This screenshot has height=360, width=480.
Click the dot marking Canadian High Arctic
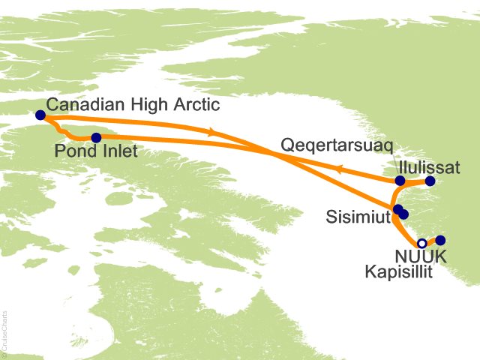pyautogui.click(x=40, y=115)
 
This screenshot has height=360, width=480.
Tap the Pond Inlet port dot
pyautogui.click(x=96, y=138)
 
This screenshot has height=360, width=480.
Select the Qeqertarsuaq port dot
pyautogui.click(x=400, y=181)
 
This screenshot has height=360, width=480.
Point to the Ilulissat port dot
pyautogui.click(x=430, y=181)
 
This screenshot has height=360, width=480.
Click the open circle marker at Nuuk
pyautogui.click(x=422, y=243)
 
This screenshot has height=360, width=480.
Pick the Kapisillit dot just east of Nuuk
pyautogui.click(x=440, y=240)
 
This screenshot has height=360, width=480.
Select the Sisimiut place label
pyautogui.click(x=358, y=217)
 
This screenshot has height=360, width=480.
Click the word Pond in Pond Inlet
pyautogui.click(x=73, y=152)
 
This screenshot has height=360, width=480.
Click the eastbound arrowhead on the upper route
pyautogui.click(x=213, y=132)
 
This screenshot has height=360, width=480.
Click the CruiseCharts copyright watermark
pyautogui.click(x=4, y=331)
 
